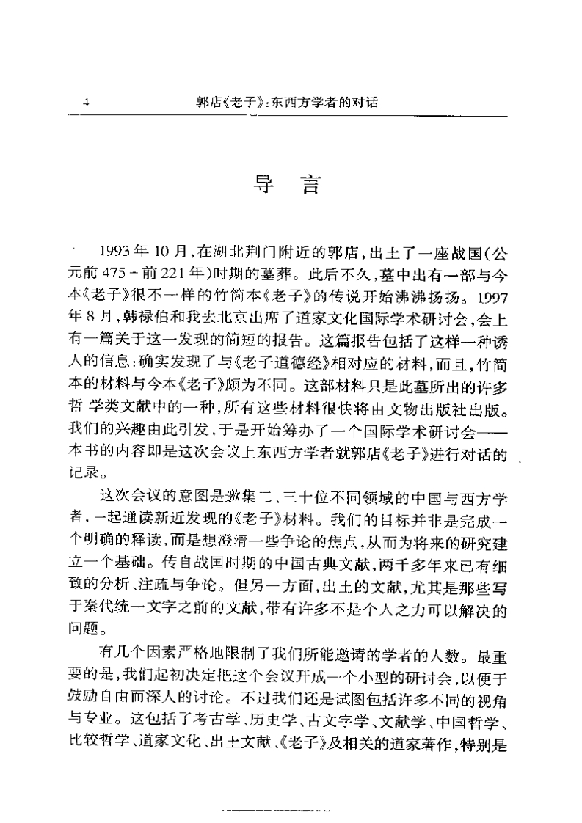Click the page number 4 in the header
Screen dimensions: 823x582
pyautogui.click(x=86, y=103)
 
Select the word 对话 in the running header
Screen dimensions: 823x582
pyautogui.click(x=363, y=103)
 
